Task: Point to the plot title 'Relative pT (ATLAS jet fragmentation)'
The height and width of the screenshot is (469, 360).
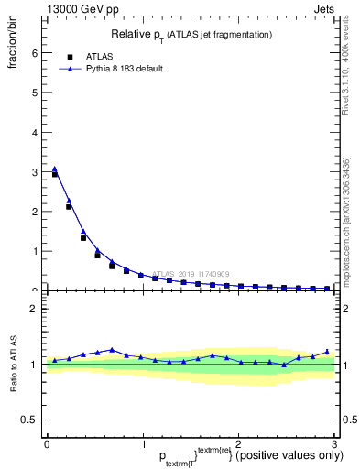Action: pyautogui.click(x=190, y=35)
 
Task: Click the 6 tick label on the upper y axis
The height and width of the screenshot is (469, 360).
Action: pyautogui.click(x=34, y=53)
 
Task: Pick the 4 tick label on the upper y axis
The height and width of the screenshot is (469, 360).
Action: pyautogui.click(x=34, y=132)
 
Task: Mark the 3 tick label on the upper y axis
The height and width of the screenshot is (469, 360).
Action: pyautogui.click(x=34, y=172)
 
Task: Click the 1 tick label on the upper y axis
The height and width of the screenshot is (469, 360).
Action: pyautogui.click(x=34, y=251)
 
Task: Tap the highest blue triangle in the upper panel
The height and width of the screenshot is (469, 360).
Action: pyautogui.click(x=55, y=169)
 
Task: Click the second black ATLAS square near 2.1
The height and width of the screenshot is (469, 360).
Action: pyautogui.click(x=69, y=207)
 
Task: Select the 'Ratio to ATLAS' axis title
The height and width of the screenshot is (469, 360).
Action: pyautogui.click(x=14, y=365)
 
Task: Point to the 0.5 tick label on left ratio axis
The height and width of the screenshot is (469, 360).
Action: pyautogui.click(x=29, y=420)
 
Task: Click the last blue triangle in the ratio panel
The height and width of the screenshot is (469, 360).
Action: pyautogui.click(x=327, y=351)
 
